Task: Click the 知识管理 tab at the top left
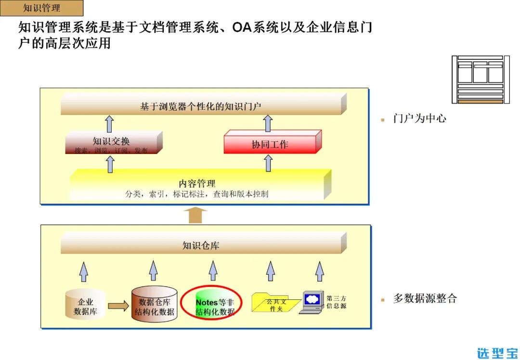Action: (x=41, y=8)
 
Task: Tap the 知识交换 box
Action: (x=111, y=143)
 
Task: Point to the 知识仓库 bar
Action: (x=201, y=245)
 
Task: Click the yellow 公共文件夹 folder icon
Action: (x=276, y=304)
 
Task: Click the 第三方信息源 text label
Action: (x=336, y=302)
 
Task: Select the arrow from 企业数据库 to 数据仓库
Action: (x=118, y=306)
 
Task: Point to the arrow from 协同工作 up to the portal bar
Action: (x=268, y=123)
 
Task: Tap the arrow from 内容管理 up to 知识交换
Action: (x=110, y=164)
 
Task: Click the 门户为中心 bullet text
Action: (x=419, y=118)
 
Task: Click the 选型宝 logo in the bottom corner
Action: (x=497, y=352)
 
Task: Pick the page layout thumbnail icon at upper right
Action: (x=481, y=79)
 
